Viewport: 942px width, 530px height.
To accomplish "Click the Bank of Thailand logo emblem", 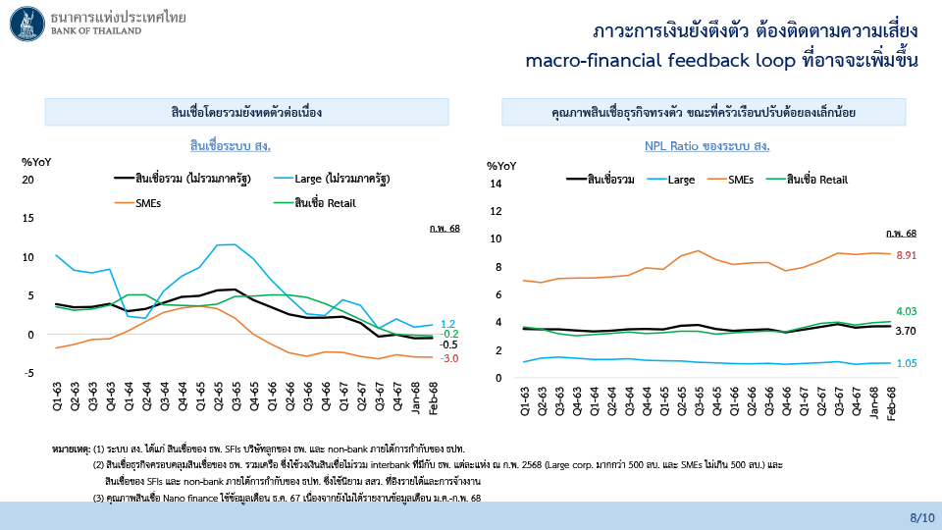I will click(26, 24).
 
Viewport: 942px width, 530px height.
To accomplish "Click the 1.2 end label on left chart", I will click(447, 324).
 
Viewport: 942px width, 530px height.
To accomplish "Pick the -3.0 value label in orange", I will click(448, 358).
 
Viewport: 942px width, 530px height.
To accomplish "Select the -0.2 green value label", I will click(448, 334).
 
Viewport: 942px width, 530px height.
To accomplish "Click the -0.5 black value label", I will click(448, 344).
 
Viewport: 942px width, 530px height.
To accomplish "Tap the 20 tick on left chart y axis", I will click(28, 180).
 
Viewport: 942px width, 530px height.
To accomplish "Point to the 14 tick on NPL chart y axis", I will click(496, 184).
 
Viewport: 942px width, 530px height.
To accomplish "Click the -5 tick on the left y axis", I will click(29, 373).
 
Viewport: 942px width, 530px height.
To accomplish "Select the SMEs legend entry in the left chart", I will click(147, 203).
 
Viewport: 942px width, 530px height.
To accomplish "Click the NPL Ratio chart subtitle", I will click(706, 146).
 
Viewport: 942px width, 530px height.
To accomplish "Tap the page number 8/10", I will click(922, 515).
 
